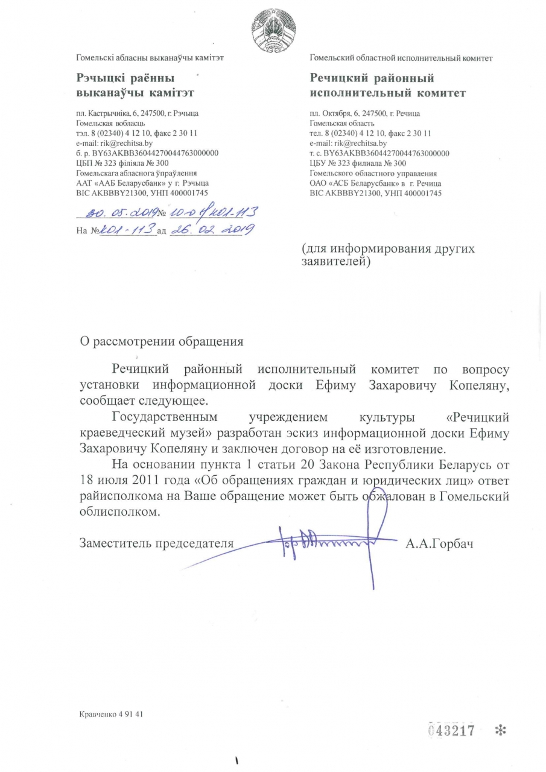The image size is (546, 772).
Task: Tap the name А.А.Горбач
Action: pyautogui.click(x=439, y=544)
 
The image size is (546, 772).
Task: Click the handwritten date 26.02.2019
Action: pyautogui.click(x=212, y=229)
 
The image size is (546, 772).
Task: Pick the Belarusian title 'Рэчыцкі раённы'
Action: pyautogui.click(x=125, y=78)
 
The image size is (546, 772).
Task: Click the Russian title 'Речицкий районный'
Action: pyautogui.click(x=372, y=78)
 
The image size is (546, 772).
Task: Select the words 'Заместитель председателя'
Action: pyautogui.click(x=156, y=544)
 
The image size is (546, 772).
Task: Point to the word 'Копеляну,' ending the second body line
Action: pyautogui.click(x=475, y=384)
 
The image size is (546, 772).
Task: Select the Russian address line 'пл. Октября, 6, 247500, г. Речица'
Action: pyautogui.click(x=365, y=113)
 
